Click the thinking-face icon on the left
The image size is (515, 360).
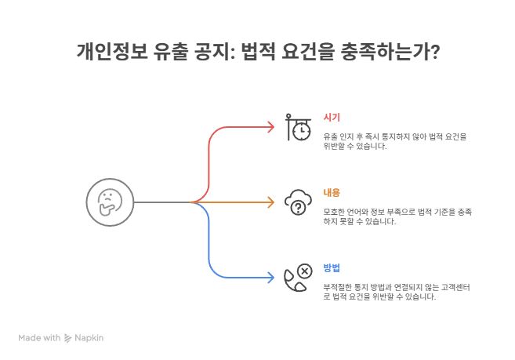pyautogui.click(x=109, y=202)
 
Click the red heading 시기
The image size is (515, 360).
pyautogui.click(x=332, y=117)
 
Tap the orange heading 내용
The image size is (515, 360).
pyautogui.click(x=332, y=192)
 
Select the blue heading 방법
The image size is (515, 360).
pyautogui.click(x=332, y=267)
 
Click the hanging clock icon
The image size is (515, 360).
pyautogui.click(x=297, y=127)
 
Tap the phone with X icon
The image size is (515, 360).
pyautogui.click(x=297, y=278)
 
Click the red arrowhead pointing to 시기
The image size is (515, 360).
pyautogui.click(x=270, y=127)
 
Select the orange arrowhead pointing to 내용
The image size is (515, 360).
pyautogui.click(x=270, y=202)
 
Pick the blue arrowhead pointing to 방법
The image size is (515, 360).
pyautogui.click(x=270, y=278)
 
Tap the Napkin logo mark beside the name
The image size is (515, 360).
pyautogui.click(x=68, y=337)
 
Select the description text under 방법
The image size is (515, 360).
pyautogui.click(x=396, y=292)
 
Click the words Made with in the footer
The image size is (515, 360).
pyautogui.click(x=39, y=337)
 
